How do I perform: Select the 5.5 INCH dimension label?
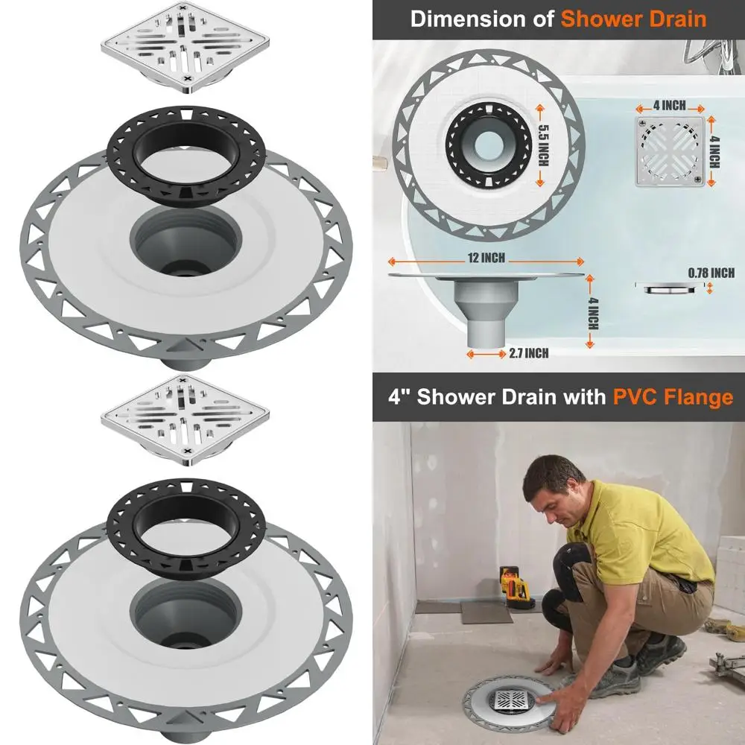[542, 146]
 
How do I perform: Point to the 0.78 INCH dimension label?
[711, 273]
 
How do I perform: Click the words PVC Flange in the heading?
[673, 396]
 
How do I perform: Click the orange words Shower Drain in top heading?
[634, 19]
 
